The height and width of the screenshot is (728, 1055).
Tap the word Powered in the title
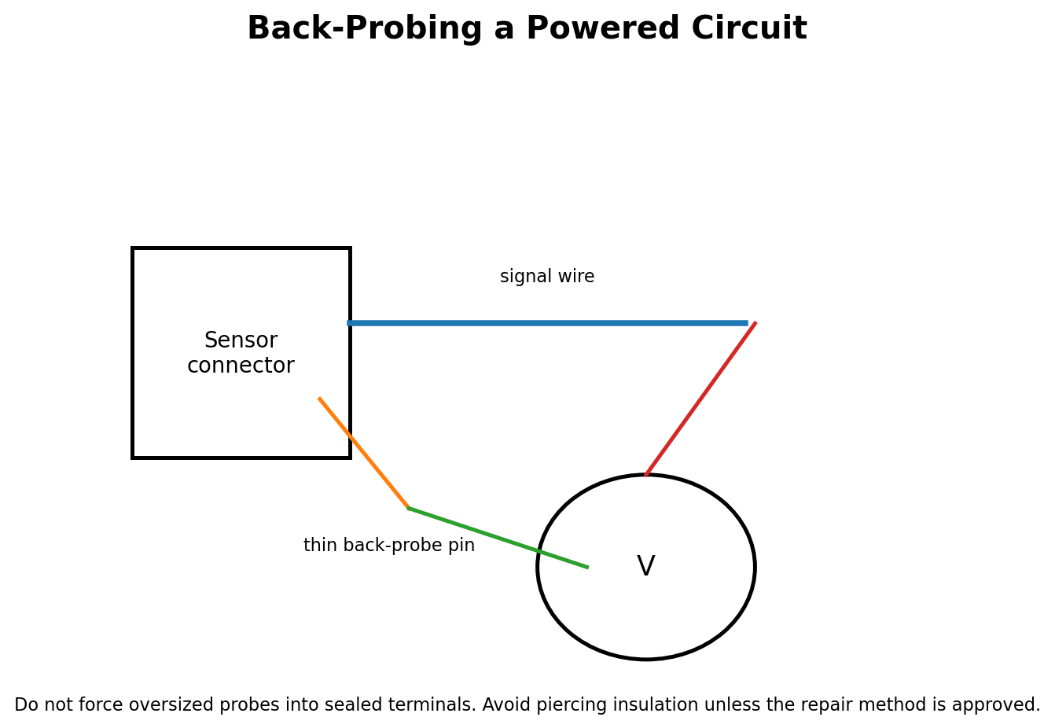click(603, 28)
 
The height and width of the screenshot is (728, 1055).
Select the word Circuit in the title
click(749, 28)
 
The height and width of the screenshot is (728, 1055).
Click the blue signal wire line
click(547, 323)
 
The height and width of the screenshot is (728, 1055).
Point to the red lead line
click(700, 399)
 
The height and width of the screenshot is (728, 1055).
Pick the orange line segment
click(363, 453)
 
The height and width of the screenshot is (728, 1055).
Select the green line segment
click(498, 538)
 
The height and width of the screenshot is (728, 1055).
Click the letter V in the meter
click(645, 565)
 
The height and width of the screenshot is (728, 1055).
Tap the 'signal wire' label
click(547, 277)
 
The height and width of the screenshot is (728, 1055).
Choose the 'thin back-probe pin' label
click(389, 546)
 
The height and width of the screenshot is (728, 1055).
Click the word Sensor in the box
click(241, 340)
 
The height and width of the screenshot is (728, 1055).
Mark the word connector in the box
click(241, 366)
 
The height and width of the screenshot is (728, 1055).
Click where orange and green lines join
click(408, 508)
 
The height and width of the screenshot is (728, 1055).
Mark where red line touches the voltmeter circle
click(645, 475)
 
